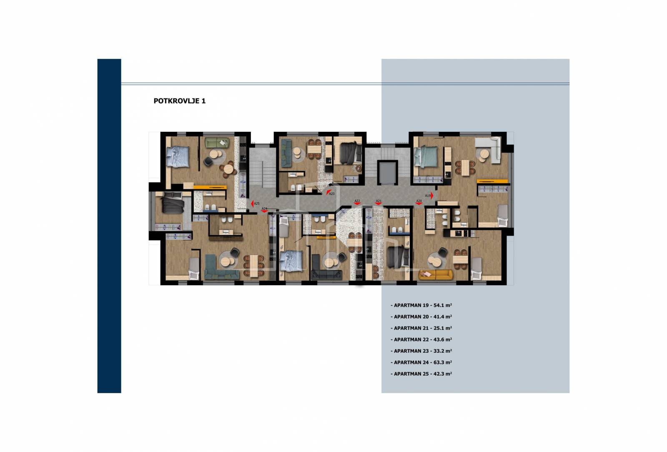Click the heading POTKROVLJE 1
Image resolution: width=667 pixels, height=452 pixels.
coord(180,101)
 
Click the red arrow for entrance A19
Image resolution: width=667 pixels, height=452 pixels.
coord(432,196)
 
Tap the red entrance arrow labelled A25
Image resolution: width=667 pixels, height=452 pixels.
coord(252,203)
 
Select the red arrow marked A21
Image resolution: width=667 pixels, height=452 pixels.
coord(379,203)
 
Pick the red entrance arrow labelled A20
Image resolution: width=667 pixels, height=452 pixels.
coord(419,203)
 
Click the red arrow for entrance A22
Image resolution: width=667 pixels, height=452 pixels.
coord(357,203)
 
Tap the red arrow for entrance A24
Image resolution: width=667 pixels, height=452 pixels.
coord(264,211)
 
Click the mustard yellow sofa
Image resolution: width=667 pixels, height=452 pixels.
coord(435,274)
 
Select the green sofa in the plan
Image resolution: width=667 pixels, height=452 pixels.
coord(217,143)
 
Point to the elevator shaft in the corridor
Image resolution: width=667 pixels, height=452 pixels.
coord(387,173)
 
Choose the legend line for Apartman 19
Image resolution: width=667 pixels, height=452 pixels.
coord(421,305)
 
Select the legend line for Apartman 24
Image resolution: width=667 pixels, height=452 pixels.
coord(421,362)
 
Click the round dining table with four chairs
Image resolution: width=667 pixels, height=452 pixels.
coord(228,169)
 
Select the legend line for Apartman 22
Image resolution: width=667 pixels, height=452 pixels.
coord(421,339)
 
